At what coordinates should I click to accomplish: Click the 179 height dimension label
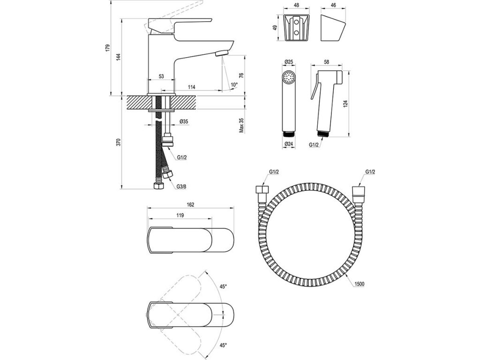click(x=107, y=48)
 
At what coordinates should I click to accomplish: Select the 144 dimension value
click(x=119, y=57)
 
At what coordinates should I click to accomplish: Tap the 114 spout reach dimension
click(x=191, y=87)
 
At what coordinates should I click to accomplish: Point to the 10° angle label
click(x=234, y=84)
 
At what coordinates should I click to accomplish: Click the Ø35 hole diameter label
click(x=184, y=121)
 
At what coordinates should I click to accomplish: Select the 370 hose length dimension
click(x=119, y=142)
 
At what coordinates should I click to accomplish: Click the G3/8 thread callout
click(x=181, y=186)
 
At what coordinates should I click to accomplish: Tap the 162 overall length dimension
click(x=190, y=205)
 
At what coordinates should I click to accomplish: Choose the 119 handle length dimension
click(x=180, y=216)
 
